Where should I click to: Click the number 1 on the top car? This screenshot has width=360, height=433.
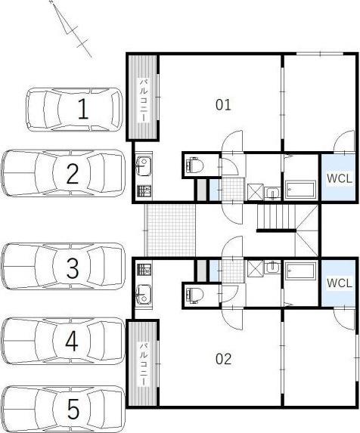pos(83,109)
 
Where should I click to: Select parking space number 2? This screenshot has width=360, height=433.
pos(73,173)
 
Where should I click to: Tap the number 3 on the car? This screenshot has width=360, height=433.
pos(73,268)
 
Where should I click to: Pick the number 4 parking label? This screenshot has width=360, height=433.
pos(72,341)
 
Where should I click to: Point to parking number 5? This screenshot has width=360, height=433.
pos(73,410)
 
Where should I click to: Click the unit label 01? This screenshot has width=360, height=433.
pos(223,105)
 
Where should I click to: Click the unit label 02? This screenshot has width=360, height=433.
pos(223,359)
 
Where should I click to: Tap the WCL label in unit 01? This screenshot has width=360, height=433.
pos(340,178)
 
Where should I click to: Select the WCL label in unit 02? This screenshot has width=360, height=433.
pos(340,283)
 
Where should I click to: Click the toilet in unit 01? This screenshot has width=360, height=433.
pos(195,165)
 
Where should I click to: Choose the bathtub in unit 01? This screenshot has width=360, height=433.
pos(300,190)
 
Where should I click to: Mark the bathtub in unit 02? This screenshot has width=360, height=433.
pos(300,271)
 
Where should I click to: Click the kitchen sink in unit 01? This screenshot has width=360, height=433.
pos(144,165)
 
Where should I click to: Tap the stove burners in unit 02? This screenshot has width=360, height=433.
pos(144,270)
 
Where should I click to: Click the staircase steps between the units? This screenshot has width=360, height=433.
pos(276,217)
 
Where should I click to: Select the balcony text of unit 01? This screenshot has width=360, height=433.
pos(143,101)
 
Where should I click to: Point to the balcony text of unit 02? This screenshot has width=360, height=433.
pos(143,364)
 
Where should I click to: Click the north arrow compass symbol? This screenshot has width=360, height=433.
pos(71,29)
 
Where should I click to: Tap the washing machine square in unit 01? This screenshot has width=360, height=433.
pos(256,192)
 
